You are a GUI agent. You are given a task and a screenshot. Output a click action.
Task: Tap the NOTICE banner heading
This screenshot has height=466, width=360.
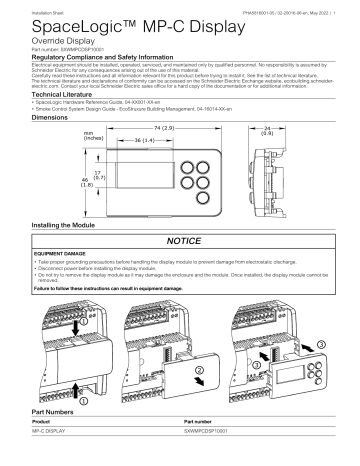point(180,243)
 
